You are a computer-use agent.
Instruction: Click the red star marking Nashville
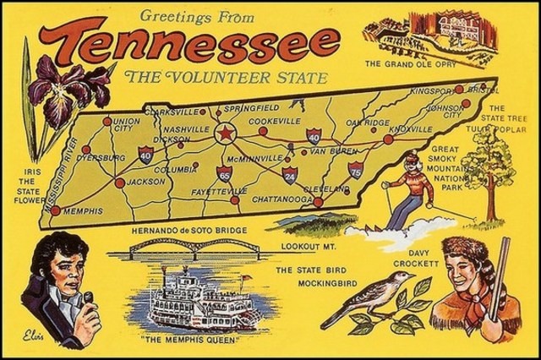[x=225, y=134]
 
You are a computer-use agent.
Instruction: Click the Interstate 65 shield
[x=223, y=174]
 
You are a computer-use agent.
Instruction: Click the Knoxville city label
[x=412, y=128]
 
